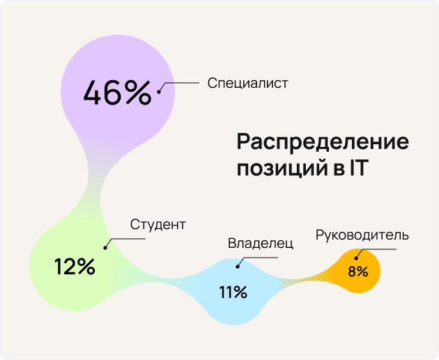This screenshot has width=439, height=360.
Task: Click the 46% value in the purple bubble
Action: pos(117,93)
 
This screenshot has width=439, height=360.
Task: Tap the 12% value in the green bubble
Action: pos(75,266)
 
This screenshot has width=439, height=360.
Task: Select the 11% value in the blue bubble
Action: pos(233,292)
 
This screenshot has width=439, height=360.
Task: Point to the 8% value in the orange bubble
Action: pos(357,272)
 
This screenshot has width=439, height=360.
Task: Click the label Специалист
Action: pos(247,83)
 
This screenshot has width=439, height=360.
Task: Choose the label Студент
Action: pos(158,224)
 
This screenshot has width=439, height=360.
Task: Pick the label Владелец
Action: pos(261,244)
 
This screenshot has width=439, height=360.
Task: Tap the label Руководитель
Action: pos(362,235)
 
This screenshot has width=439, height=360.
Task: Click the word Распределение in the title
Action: pos(322,142)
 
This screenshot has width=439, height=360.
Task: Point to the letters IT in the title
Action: pos(353,168)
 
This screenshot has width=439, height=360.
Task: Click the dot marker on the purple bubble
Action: pos(159,91)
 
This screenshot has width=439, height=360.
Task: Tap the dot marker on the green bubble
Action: pos(105,247)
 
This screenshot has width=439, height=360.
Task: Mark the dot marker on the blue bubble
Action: pos(238,266)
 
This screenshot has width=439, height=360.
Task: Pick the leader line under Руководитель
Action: pos(380,247)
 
